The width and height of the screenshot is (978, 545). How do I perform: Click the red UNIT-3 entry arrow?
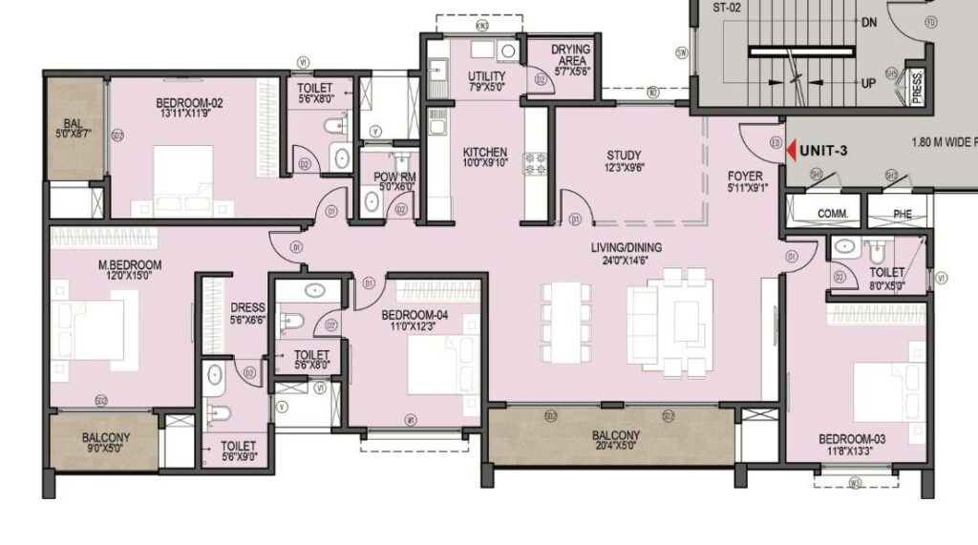coord(790,149)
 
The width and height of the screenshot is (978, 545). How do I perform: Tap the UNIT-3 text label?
coord(824,150)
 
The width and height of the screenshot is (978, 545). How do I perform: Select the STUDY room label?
coord(624,156)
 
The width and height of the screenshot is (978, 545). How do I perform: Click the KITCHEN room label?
coord(485,153)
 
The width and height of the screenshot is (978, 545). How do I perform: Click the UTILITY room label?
coord(487,76)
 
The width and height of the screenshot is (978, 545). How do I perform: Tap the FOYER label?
coord(746,176)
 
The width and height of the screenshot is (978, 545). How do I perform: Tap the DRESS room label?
coord(247,307)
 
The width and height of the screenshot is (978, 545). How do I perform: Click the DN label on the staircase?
coord(868,22)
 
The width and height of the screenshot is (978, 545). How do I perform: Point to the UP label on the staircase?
coord(868,84)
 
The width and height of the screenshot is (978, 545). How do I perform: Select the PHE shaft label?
coord(902,214)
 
